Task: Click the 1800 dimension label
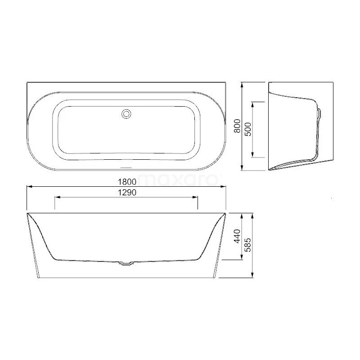[127, 182]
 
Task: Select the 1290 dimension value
[127, 193]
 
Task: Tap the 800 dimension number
[237, 126]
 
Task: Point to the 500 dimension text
[248, 130]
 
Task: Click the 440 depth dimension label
[237, 236]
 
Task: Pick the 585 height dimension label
[248, 245]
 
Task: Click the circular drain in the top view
[126, 114]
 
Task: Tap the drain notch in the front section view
[126, 264]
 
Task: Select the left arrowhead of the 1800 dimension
[29, 187]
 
